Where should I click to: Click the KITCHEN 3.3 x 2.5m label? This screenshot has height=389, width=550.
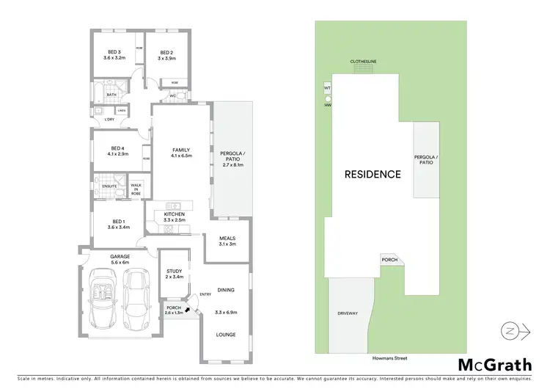[174, 217]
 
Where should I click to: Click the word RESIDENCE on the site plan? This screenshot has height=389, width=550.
[373, 175]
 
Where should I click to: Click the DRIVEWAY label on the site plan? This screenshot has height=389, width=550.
[348, 313]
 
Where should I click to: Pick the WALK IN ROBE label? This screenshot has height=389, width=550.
[136, 189]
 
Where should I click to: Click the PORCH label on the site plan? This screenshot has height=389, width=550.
[389, 260]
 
